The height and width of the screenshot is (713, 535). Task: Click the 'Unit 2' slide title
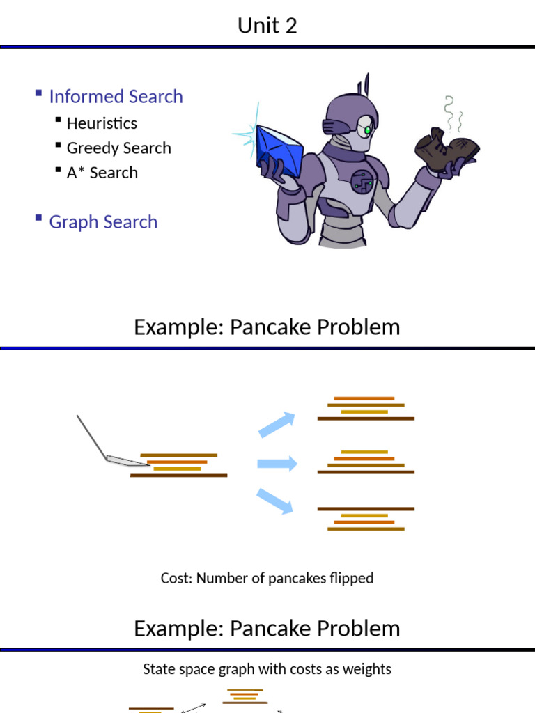tap(267, 26)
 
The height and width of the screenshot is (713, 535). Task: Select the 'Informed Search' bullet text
tap(116, 96)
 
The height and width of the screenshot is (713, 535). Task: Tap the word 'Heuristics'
tap(102, 123)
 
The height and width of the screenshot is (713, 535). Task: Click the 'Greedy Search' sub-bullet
tap(118, 148)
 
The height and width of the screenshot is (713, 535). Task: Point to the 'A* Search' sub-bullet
tap(102, 173)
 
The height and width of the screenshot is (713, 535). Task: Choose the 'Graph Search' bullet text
tap(103, 222)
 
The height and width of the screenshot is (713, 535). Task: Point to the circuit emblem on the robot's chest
tap(361, 182)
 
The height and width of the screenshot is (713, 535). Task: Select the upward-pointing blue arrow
tap(277, 424)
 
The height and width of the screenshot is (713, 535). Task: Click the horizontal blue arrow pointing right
tap(277, 464)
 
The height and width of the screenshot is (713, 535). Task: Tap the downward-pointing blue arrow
tap(275, 501)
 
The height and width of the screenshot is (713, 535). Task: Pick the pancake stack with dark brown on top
tap(366, 519)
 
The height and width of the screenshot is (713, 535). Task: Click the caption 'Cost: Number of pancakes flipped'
tap(267, 578)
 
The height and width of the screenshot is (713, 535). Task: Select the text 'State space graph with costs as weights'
tap(267, 669)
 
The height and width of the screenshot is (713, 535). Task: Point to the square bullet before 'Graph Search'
tap(38, 219)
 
